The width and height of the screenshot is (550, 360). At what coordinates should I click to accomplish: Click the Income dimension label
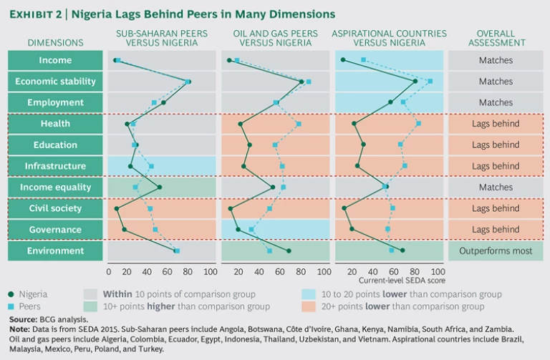click(x=56, y=60)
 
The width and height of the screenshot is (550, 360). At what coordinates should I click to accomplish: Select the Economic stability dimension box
click(x=56, y=82)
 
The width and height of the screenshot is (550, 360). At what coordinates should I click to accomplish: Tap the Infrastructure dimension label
click(x=56, y=166)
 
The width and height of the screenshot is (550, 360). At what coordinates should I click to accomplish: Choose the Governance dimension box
click(x=56, y=230)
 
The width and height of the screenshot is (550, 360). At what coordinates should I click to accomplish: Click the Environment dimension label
click(x=56, y=250)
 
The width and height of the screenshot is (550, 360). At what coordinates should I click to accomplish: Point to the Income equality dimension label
click(x=56, y=188)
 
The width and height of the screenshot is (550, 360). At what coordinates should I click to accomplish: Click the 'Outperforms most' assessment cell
click(x=496, y=250)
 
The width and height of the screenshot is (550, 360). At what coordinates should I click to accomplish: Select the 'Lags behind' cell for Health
click(x=496, y=124)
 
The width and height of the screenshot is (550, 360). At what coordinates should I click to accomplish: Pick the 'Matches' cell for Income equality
click(x=496, y=188)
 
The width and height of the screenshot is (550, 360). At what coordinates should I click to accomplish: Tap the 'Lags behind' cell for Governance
click(x=496, y=230)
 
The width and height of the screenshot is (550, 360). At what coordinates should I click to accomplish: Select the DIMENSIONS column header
click(x=56, y=43)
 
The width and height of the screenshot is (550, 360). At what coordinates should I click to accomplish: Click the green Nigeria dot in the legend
click(x=11, y=294)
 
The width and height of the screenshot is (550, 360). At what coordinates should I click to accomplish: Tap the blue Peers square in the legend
click(x=11, y=306)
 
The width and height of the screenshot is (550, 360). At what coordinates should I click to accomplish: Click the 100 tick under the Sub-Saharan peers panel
click(x=210, y=272)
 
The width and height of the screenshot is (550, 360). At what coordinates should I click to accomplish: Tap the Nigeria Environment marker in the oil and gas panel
click(x=289, y=250)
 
